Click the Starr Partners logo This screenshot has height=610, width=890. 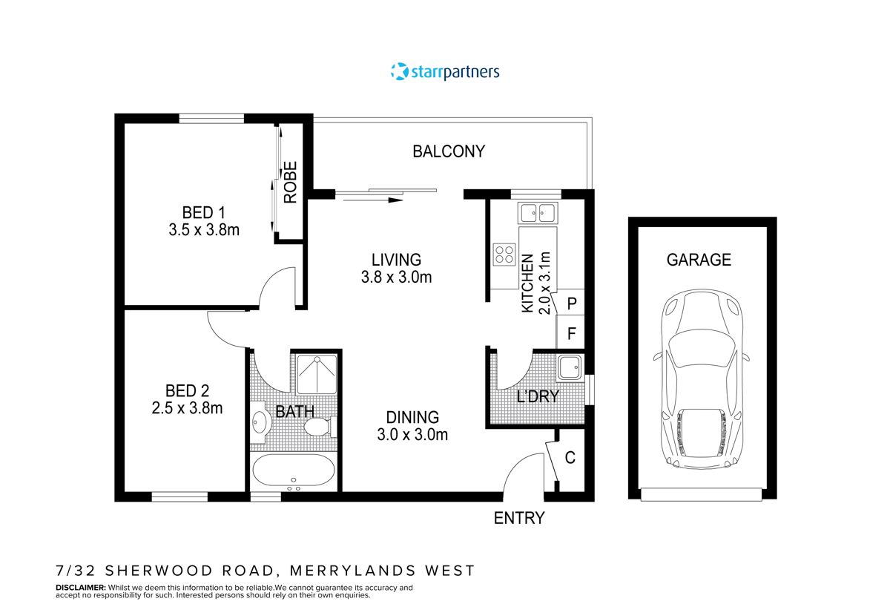[x=445, y=72]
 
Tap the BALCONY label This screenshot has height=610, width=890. [x=449, y=151]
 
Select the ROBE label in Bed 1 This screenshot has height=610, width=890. [x=290, y=183]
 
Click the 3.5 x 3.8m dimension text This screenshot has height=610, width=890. [x=204, y=230]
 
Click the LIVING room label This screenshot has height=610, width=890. [x=396, y=260]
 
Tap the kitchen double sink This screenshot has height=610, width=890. [x=538, y=213]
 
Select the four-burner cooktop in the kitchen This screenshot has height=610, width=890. [x=504, y=255]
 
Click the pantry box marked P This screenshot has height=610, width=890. [x=571, y=304]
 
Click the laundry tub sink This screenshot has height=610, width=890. [x=569, y=367]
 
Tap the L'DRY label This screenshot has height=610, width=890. [x=537, y=396]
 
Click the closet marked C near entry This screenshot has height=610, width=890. [x=570, y=458]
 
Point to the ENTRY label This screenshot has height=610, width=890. [x=519, y=518]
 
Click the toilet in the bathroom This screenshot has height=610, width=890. [x=319, y=427]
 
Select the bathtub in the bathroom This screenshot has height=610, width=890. [x=293, y=471]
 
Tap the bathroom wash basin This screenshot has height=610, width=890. [x=259, y=422]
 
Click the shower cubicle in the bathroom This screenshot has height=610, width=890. [x=317, y=375]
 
